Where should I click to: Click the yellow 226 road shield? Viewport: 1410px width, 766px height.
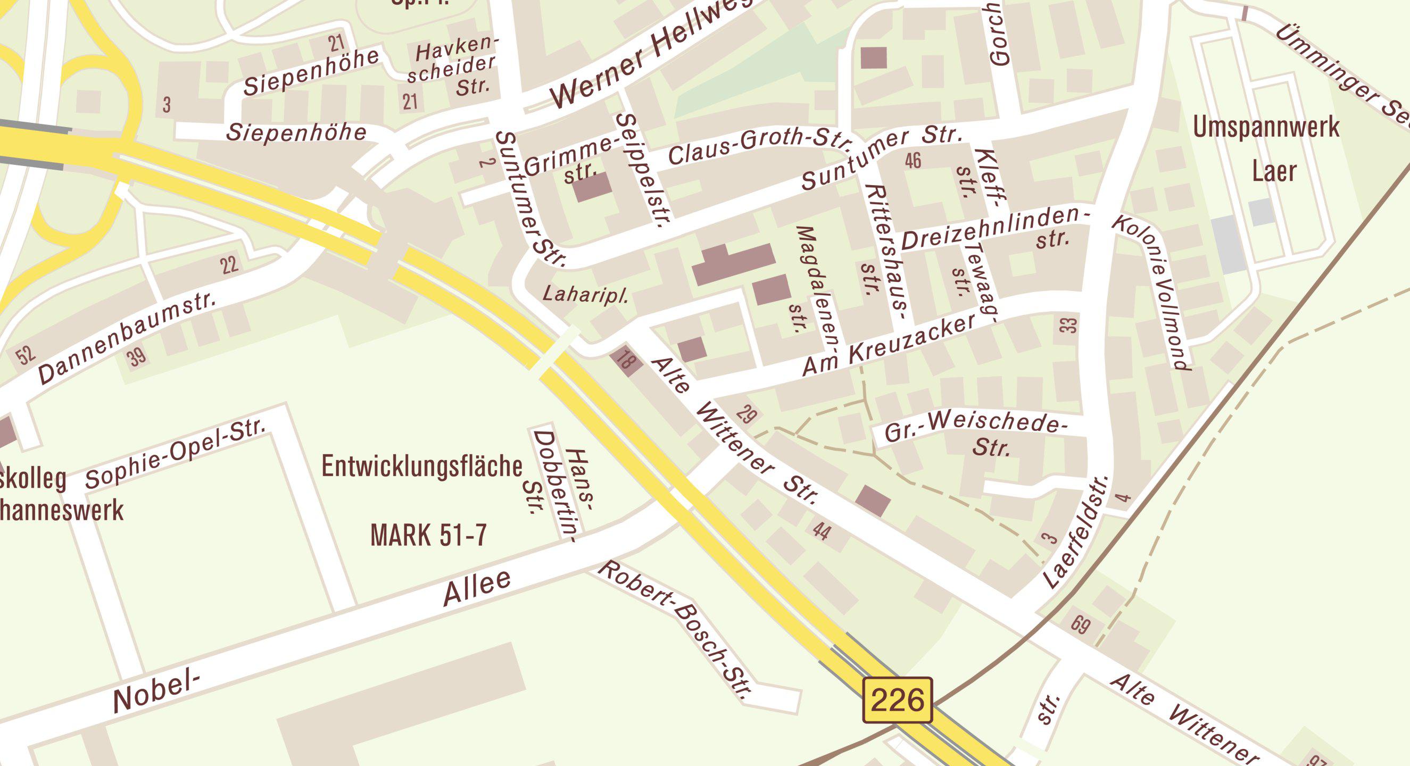click(x=897, y=700)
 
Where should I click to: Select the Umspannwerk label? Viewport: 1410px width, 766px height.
click(x=1266, y=128)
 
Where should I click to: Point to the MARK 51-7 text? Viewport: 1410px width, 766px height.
click(x=428, y=535)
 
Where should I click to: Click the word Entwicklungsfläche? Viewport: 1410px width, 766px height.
click(x=421, y=467)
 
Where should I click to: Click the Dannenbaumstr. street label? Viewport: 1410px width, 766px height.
click(x=128, y=339)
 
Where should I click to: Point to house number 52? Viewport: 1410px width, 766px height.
click(x=25, y=355)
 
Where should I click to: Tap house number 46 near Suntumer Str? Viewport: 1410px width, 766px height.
click(x=913, y=160)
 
